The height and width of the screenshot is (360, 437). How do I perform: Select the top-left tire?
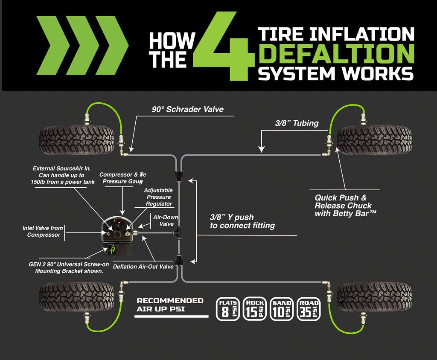tap(76, 140)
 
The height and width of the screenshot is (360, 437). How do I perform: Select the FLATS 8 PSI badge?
tap(228, 309)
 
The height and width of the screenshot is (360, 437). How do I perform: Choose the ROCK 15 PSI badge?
tap(255, 309)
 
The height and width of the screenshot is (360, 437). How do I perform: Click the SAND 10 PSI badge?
tap(282, 309)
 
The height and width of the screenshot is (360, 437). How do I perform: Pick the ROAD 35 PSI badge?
tap(309, 309)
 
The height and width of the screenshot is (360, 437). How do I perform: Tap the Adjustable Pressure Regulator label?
tap(158, 197)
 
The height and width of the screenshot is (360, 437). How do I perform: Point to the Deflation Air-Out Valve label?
tap(143, 267)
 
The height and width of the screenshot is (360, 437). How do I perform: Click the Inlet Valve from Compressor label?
tap(43, 232)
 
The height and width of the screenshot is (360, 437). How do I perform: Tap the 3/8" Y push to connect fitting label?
tap(242, 221)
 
